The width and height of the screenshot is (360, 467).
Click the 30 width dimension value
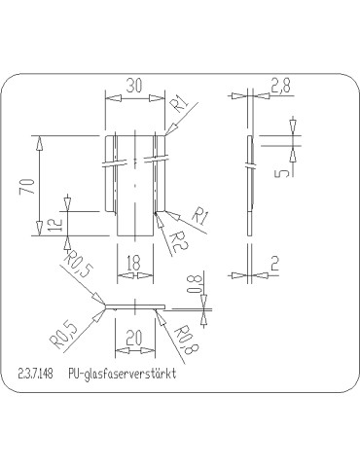135,86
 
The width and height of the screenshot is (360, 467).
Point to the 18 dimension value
135,262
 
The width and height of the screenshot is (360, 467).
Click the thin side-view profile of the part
250,185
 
